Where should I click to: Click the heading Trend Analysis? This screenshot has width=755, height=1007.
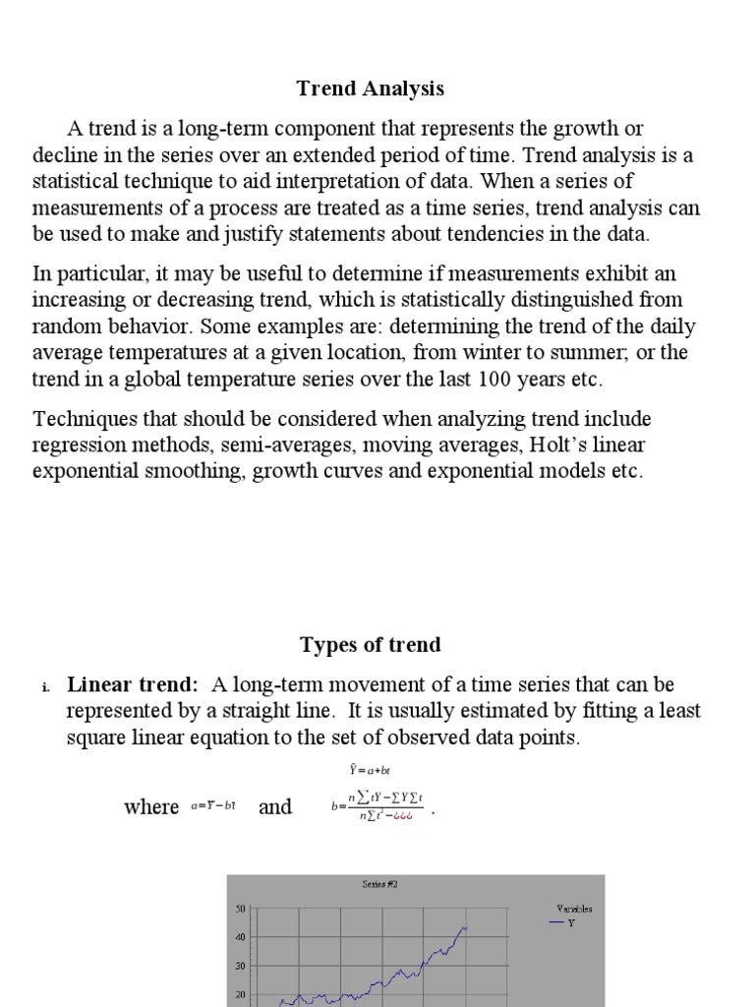(371, 89)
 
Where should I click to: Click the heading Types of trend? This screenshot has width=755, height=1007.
(371, 645)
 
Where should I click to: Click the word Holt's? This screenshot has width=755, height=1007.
(563, 444)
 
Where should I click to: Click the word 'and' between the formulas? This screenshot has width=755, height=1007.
(275, 807)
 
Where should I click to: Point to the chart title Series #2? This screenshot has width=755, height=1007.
(378, 885)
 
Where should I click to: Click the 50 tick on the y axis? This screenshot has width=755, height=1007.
(239, 910)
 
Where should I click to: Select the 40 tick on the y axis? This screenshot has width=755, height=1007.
(239, 938)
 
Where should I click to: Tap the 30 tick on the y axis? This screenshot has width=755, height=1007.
(239, 967)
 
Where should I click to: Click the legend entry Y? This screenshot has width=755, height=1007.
(571, 922)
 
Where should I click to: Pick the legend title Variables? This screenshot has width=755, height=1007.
(574, 909)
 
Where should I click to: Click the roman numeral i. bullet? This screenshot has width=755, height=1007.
(46, 686)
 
